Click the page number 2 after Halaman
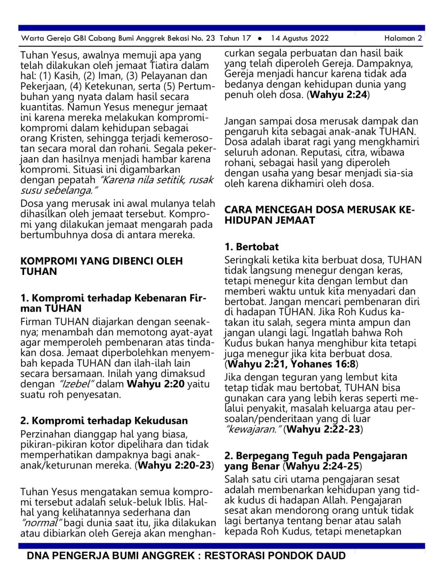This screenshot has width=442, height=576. click(419, 38)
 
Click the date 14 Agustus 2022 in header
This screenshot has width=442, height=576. click(300, 38)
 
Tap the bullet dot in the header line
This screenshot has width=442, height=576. click(260, 39)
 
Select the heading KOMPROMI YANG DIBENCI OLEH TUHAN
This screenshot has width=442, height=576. click(101, 266)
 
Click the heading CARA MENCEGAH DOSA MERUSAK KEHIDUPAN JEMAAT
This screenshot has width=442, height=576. click(319, 215)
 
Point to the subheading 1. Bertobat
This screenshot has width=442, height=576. click(251, 247)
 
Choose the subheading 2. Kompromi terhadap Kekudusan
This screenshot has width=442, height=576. click(104, 421)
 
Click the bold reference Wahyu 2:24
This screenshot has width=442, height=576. click(338, 95)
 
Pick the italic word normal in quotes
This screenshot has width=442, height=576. click(41, 523)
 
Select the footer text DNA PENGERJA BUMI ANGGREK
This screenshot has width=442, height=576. click(110, 556)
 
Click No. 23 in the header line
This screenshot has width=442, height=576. click(203, 38)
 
